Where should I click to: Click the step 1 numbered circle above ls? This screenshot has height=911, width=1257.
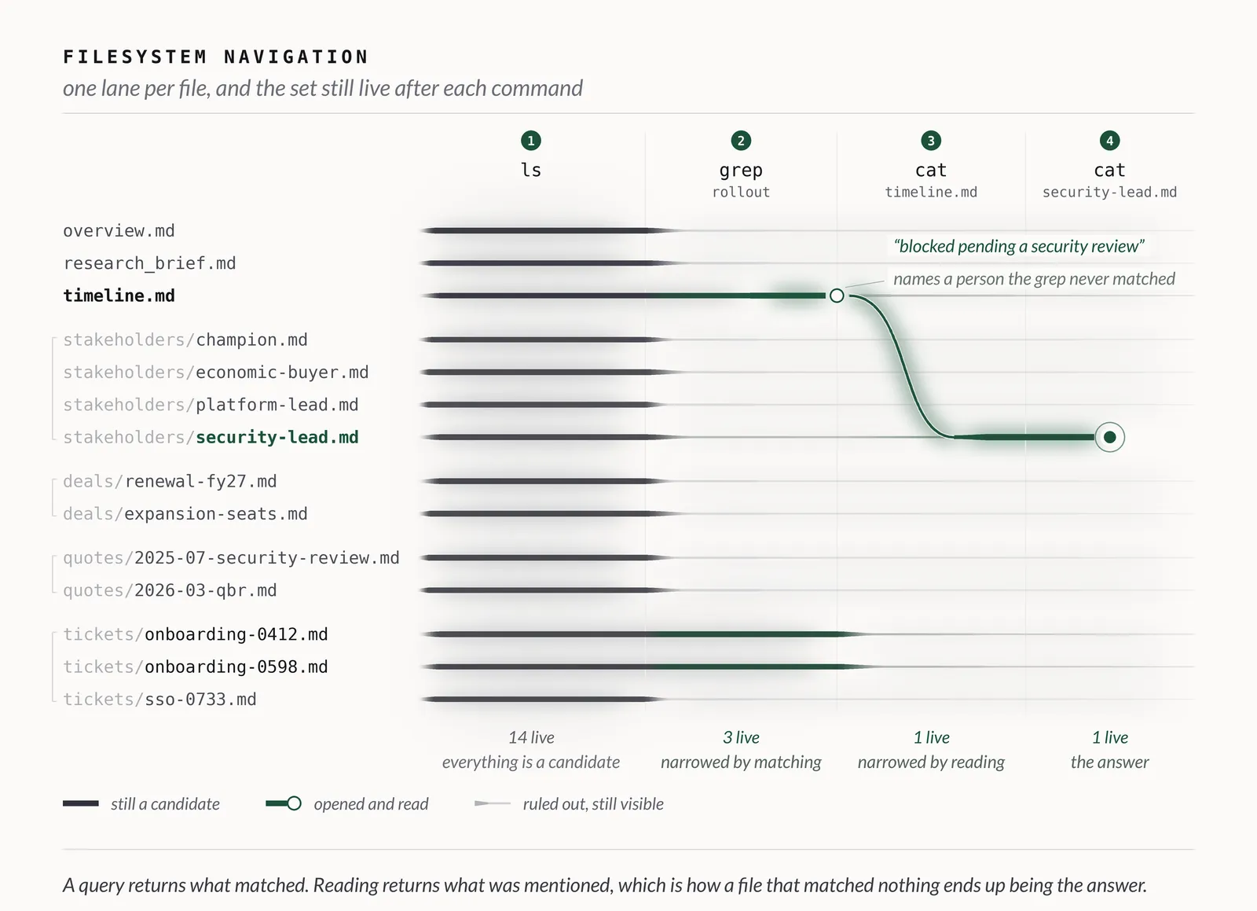pyautogui.click(x=531, y=141)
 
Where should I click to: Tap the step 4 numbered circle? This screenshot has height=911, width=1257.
pyautogui.click(x=1109, y=141)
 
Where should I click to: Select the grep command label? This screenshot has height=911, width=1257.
pyautogui.click(x=741, y=170)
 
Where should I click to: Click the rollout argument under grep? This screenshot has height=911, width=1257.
pyautogui.click(x=741, y=192)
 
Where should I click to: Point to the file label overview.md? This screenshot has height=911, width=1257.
pyautogui.click(x=119, y=230)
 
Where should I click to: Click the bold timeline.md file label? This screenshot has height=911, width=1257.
pyautogui.click(x=119, y=296)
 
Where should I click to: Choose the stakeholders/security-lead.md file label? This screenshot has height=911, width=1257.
pyautogui.click(x=211, y=437)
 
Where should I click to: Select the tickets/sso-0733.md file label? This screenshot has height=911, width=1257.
pyautogui.click(x=160, y=700)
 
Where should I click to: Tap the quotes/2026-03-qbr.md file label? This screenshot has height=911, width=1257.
pyautogui.click(x=170, y=590)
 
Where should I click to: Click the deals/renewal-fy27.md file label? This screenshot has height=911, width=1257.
pyautogui.click(x=170, y=482)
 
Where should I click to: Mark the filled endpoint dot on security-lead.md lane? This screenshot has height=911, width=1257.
pyautogui.click(x=1109, y=437)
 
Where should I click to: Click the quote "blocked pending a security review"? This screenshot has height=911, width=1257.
pyautogui.click(x=1018, y=246)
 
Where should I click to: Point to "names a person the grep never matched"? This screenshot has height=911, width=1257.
pyautogui.click(x=1034, y=279)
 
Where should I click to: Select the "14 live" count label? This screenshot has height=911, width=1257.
pyautogui.click(x=531, y=737)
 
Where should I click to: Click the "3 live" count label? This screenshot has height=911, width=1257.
pyautogui.click(x=741, y=737)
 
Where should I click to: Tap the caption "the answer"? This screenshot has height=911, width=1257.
pyautogui.click(x=1109, y=762)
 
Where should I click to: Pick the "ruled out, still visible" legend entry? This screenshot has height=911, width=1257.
pyautogui.click(x=569, y=804)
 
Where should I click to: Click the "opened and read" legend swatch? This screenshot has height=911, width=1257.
pyautogui.click(x=284, y=804)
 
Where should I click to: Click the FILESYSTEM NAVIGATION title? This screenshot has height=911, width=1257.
pyautogui.click(x=215, y=57)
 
